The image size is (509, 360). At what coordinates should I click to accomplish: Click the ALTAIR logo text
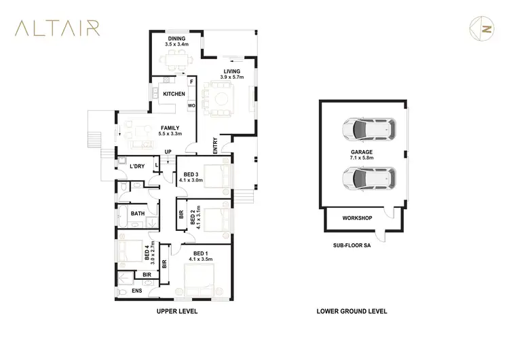point(58,28)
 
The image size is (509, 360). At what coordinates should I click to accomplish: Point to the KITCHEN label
point(174,94)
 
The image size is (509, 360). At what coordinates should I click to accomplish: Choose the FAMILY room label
point(170,130)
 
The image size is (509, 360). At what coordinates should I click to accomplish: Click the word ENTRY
point(215,146)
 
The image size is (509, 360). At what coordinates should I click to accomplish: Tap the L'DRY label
point(137,166)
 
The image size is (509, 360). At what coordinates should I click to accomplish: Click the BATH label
point(137,214)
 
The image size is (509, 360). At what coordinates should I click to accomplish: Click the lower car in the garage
point(367,178)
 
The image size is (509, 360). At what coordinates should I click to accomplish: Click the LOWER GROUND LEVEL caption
point(352,312)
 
